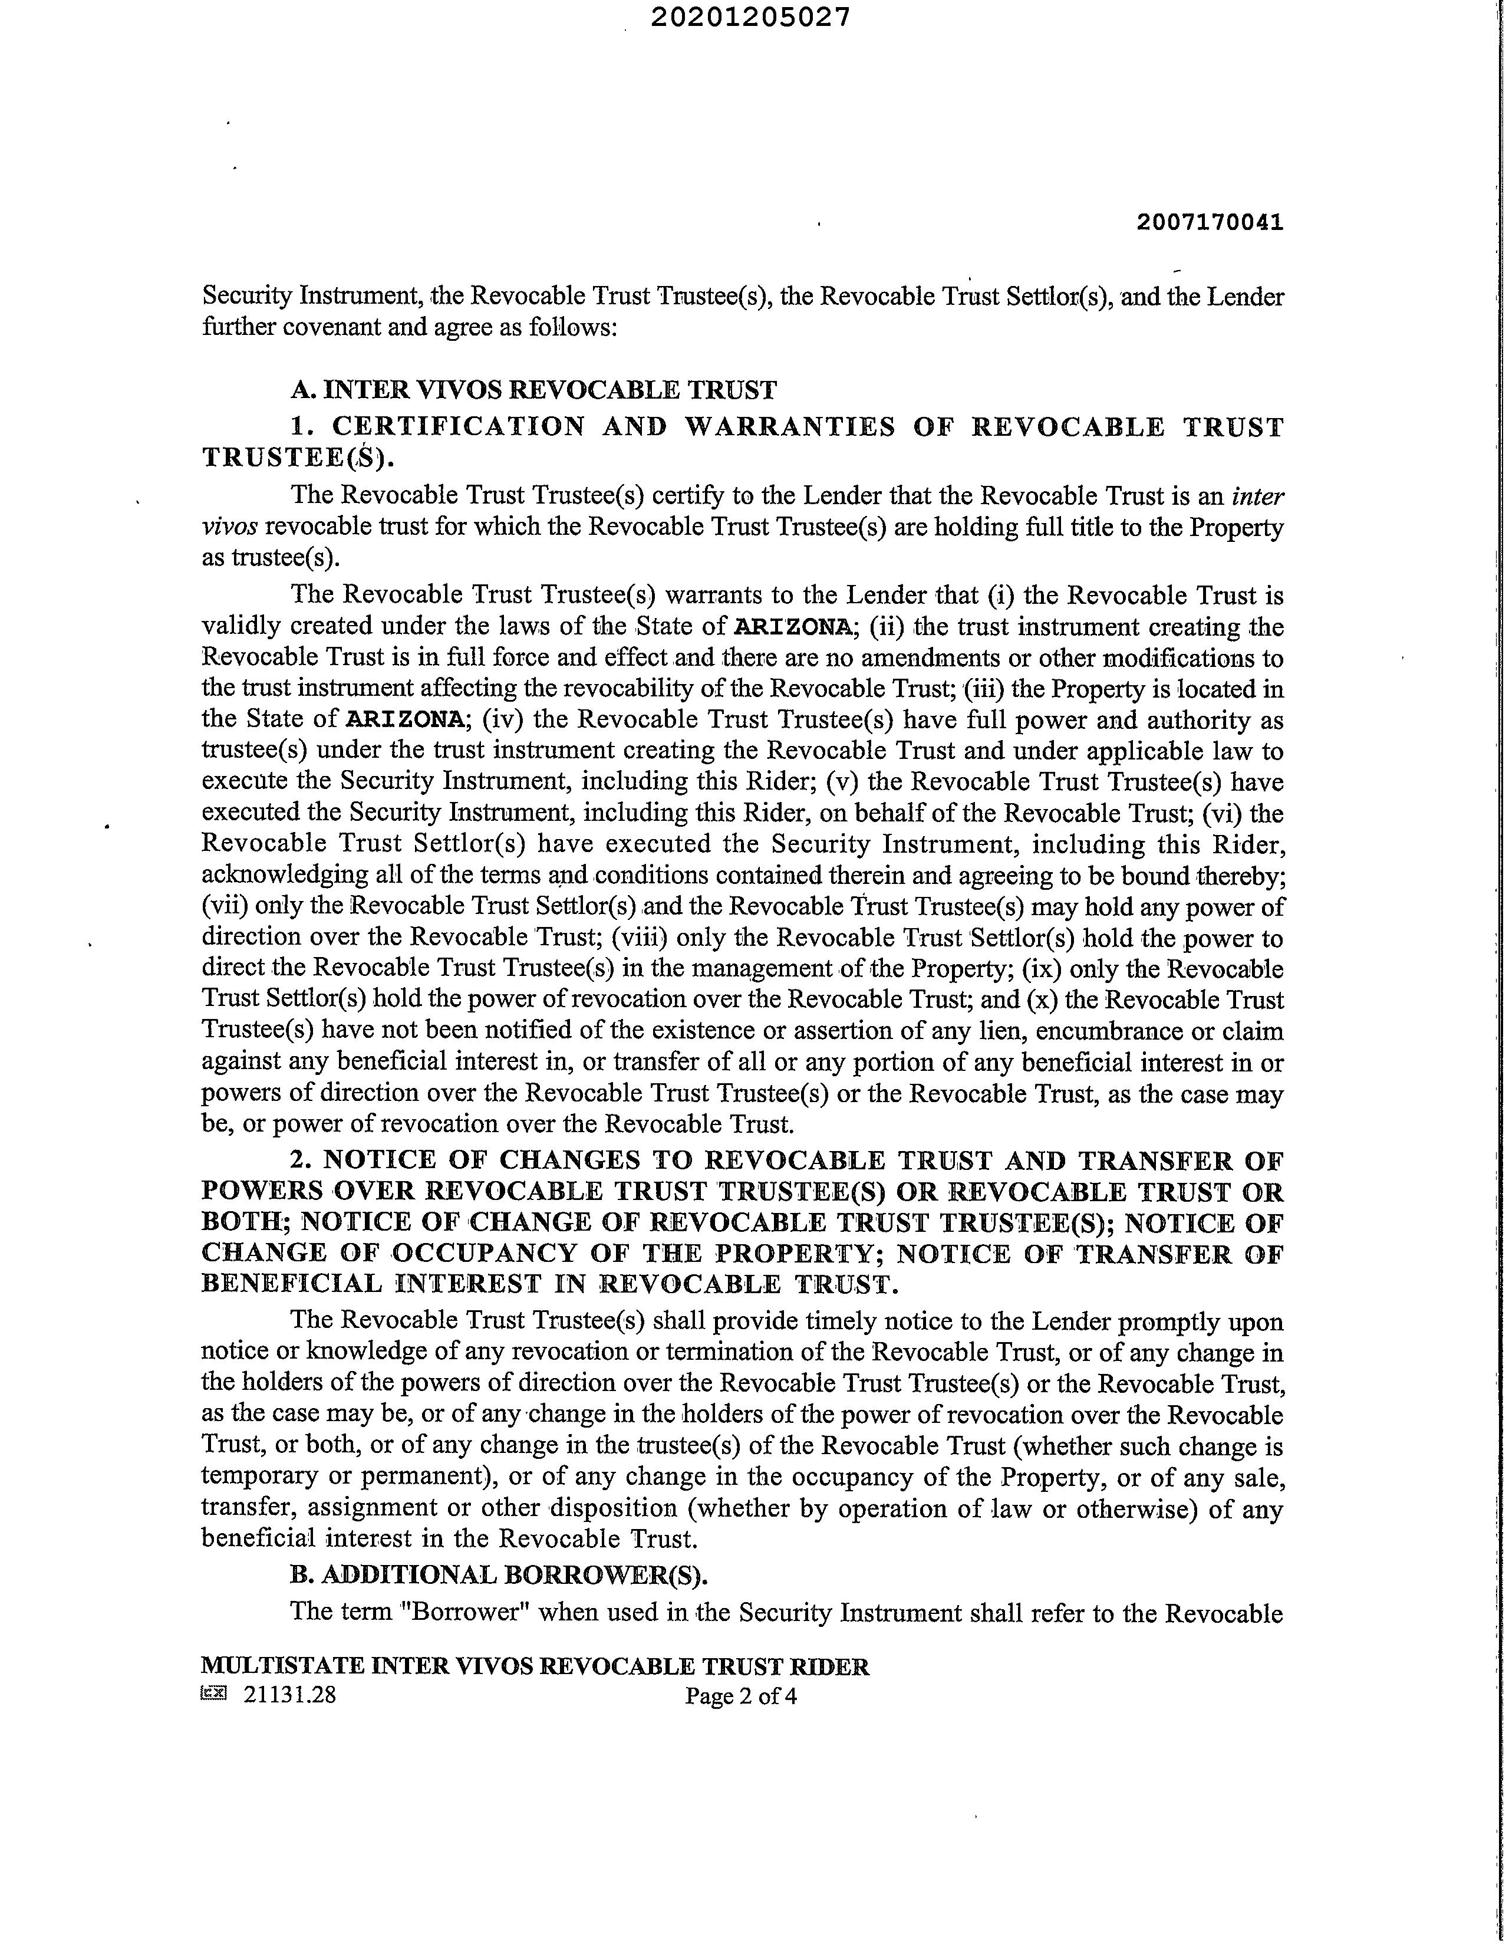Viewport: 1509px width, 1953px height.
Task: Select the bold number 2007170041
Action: [x=1210, y=223]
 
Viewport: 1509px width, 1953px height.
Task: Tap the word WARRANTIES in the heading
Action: [x=789, y=426]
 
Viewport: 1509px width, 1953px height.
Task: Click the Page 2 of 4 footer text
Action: [x=741, y=1696]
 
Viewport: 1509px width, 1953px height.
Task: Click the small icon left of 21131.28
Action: [x=215, y=1693]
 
